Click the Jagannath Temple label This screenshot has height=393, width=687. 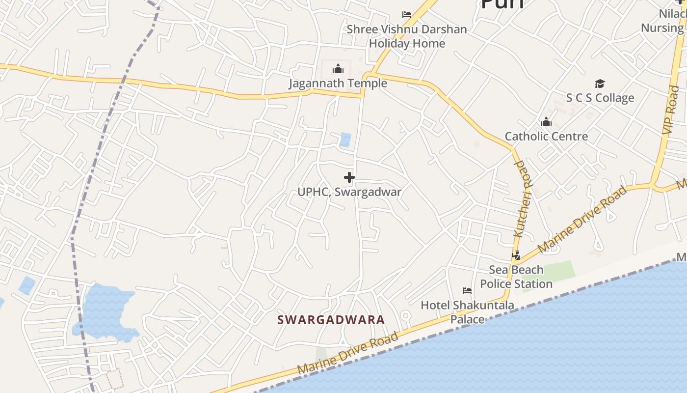click(338, 83)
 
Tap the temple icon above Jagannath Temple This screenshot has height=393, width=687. click(338, 69)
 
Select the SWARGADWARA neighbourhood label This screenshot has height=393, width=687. click(331, 320)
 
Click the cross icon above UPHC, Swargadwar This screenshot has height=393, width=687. click(349, 177)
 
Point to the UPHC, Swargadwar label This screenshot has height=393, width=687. click(349, 192)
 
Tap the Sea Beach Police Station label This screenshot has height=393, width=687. click(516, 277)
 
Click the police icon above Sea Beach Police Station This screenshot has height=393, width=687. click(516, 255)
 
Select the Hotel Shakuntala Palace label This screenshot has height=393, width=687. click(467, 312)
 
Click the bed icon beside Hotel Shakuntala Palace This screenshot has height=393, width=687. click(467, 291)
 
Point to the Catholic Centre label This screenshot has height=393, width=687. click(546, 136)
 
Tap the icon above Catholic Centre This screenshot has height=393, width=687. click(546, 122)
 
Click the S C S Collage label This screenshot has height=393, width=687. click(600, 98)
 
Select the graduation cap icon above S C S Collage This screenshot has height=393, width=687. click(600, 84)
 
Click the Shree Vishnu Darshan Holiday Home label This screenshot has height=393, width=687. click(407, 36)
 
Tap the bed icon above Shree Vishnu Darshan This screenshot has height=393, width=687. click(407, 15)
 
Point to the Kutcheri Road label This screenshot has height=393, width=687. click(523, 199)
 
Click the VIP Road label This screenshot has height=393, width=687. click(670, 111)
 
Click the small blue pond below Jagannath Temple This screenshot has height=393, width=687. click(345, 140)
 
